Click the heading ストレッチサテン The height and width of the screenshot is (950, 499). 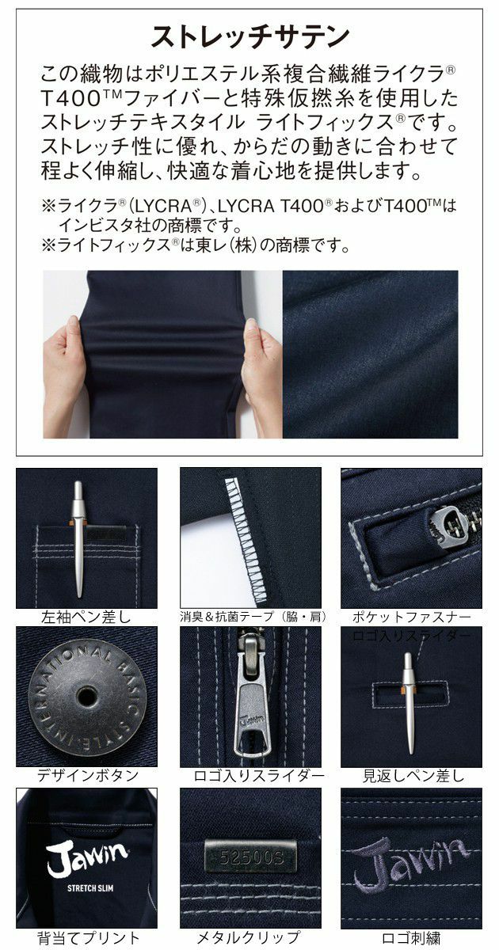(249, 36)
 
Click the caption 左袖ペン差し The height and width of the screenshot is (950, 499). (86, 616)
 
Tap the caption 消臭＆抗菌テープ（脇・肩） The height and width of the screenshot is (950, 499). (250, 616)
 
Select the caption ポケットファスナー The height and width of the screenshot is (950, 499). (411, 616)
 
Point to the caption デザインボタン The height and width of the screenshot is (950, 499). (86, 775)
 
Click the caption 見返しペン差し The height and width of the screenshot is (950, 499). (411, 775)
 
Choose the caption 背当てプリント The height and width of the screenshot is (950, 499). (86, 938)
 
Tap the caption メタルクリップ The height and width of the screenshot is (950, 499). (250, 938)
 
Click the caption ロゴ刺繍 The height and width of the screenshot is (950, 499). (411, 938)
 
